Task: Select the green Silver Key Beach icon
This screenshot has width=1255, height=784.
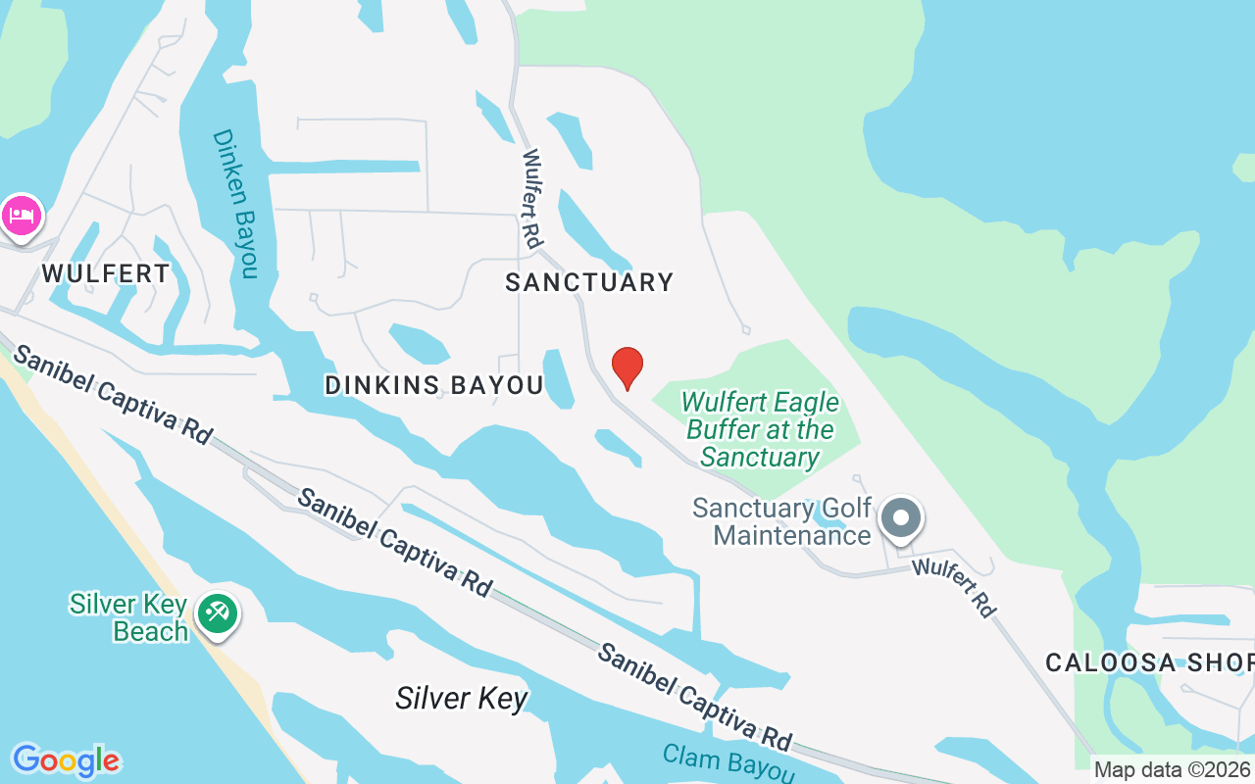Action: [x=216, y=614]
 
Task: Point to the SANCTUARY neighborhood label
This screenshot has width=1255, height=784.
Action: [x=589, y=283]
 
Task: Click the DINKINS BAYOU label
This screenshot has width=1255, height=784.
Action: [x=433, y=386]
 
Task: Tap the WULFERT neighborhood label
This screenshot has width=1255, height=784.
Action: [x=106, y=273]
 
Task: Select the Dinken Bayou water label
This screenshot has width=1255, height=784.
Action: [x=236, y=203]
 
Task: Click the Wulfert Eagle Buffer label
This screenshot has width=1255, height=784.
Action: [x=760, y=430]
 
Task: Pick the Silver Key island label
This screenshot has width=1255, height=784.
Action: [x=462, y=699]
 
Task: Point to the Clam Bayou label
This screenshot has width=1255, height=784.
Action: [x=728, y=763]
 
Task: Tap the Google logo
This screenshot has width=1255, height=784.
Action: [x=66, y=760]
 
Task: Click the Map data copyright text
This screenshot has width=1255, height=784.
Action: [x=1173, y=770]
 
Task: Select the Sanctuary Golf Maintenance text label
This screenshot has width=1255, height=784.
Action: [x=781, y=521]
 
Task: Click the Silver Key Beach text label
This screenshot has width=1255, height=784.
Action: [x=128, y=616]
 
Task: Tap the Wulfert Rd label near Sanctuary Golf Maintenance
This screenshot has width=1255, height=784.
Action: [x=954, y=587]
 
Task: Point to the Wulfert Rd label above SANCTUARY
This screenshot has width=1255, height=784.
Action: [x=532, y=198]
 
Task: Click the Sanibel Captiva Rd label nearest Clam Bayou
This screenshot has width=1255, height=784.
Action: [x=695, y=696]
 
